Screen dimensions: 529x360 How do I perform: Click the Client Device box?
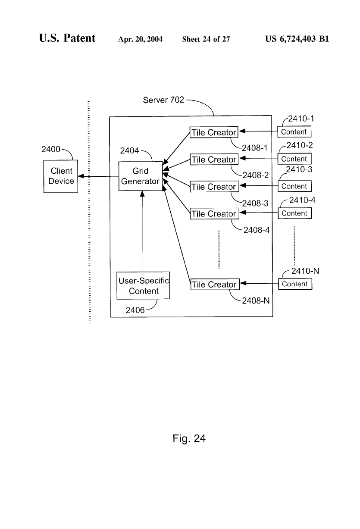pos(61,176)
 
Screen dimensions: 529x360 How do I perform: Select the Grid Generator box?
pos(140,176)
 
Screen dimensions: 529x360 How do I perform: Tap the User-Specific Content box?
pos(144,286)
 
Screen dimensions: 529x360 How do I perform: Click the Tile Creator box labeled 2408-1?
pos(214,133)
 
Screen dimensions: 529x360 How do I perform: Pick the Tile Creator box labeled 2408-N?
pos(214,285)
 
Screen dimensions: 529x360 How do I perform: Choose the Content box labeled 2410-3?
pos(294,186)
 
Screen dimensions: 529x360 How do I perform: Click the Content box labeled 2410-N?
pos(295,284)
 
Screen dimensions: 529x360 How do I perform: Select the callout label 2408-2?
pos(256,175)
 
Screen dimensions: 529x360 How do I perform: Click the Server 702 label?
pos(163,100)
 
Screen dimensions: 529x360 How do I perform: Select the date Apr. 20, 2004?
pos(140,40)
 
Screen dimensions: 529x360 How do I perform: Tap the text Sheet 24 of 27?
pos(206,40)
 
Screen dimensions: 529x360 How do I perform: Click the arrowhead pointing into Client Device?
pos(81,176)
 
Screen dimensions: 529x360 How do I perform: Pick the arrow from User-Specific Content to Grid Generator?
pos(143,233)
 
